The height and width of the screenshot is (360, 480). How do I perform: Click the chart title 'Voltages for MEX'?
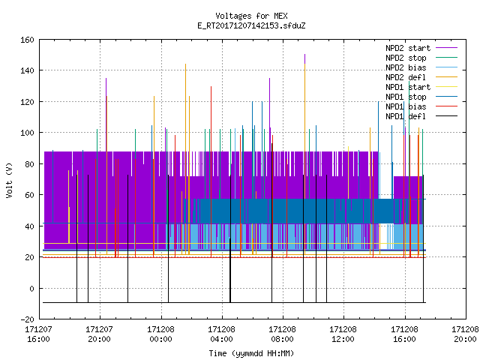[x=251, y=16]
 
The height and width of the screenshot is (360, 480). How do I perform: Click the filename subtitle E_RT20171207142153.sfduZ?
[x=251, y=25]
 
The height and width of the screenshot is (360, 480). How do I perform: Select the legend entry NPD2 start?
[x=408, y=48]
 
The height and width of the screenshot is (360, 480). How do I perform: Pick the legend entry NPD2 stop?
[x=406, y=58]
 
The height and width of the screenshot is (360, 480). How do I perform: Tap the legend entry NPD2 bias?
[x=406, y=67]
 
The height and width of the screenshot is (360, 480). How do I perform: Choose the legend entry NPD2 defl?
[x=406, y=77]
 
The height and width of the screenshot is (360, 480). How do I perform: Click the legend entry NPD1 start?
[x=408, y=87]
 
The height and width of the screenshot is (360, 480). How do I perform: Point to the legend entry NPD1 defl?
[x=406, y=116]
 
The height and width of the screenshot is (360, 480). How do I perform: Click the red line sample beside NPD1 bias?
[x=447, y=106]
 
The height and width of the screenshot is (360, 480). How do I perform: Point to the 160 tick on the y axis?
[x=27, y=40]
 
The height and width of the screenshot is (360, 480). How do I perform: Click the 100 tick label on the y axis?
[x=27, y=133]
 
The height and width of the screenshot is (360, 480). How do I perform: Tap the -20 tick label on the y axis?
[x=27, y=319]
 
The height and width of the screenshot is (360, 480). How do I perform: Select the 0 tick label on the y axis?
[x=31, y=288]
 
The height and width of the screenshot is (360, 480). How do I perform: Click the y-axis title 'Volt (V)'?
[x=9, y=180]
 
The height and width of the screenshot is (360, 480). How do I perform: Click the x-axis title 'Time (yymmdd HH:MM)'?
[x=251, y=353]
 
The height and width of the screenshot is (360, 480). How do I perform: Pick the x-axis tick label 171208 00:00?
[x=160, y=334]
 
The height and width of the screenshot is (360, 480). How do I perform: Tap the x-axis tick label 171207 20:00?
[x=100, y=334]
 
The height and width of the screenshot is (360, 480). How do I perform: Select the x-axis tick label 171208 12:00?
[x=343, y=334]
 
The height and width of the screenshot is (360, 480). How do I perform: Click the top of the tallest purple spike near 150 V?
[x=305, y=55]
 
